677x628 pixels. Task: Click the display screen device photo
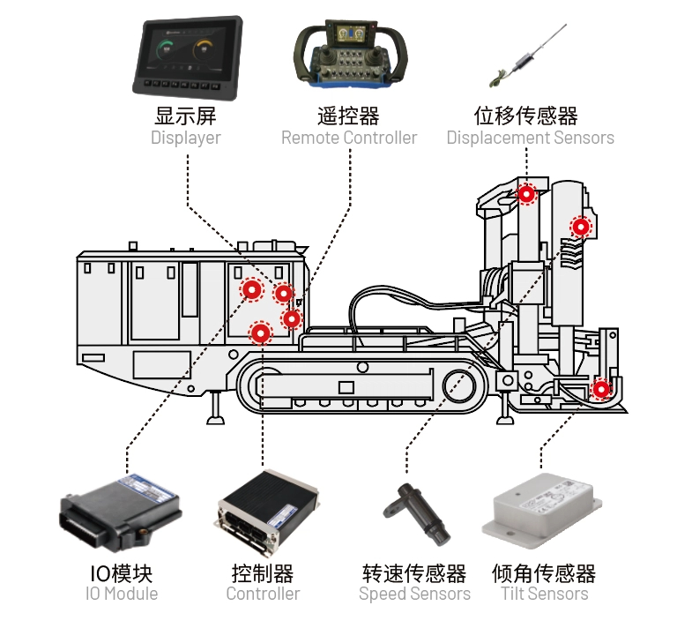click(187, 56)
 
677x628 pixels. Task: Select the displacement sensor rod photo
click(529, 53)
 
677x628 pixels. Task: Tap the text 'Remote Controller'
click(349, 138)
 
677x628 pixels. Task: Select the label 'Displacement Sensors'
click(530, 138)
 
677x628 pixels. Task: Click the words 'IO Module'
click(122, 594)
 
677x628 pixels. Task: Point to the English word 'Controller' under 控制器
click(263, 594)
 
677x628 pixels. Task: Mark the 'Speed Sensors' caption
click(414, 594)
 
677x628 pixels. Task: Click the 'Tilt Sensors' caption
click(544, 594)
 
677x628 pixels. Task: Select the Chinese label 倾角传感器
click(544, 573)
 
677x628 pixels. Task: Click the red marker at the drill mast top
click(527, 193)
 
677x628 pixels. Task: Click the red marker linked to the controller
click(260, 333)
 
